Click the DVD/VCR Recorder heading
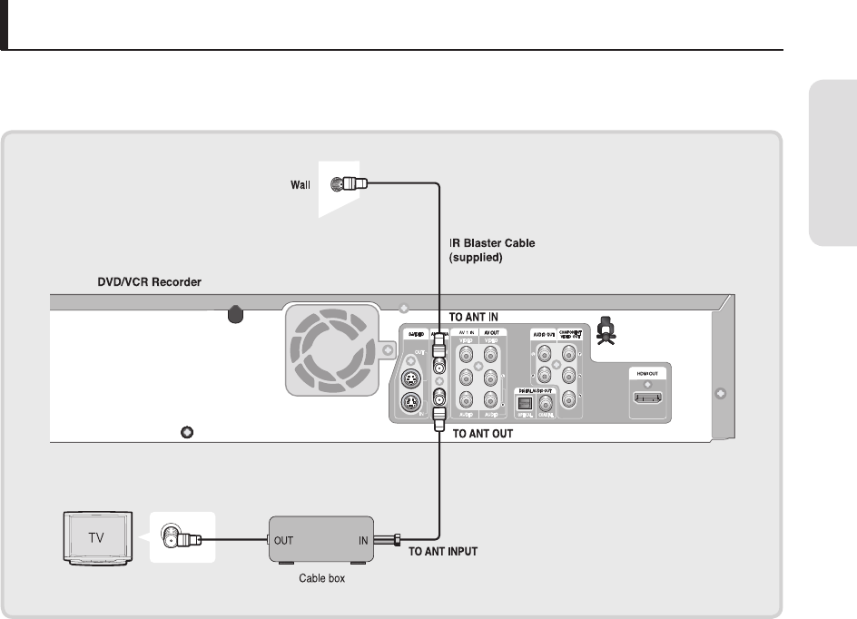pyautogui.click(x=150, y=283)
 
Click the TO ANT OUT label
pyautogui.click(x=483, y=435)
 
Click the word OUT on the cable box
pyautogui.click(x=283, y=539)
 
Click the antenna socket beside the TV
pyautogui.click(x=170, y=538)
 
